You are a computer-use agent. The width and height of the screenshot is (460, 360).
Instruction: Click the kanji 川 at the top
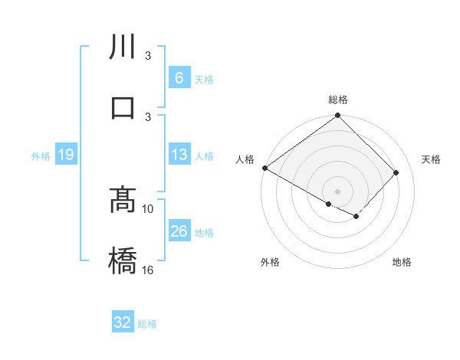tap(123, 47)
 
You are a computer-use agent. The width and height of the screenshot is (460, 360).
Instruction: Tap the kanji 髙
tap(123, 201)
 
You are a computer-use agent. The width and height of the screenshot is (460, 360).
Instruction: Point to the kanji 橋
tap(123, 260)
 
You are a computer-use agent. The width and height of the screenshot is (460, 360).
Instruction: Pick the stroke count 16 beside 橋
tap(148, 270)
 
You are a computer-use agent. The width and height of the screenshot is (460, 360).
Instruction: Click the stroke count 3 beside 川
tap(148, 56)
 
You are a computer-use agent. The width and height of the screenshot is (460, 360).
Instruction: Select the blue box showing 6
tap(179, 78)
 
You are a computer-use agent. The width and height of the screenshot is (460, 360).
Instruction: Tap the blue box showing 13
tap(179, 155)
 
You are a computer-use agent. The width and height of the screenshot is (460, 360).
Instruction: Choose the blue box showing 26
tap(179, 231)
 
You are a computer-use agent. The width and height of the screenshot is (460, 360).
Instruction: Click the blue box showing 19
tap(66, 155)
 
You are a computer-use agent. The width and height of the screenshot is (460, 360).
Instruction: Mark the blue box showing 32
tap(123, 322)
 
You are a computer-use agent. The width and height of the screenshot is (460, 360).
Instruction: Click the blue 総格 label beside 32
tap(147, 324)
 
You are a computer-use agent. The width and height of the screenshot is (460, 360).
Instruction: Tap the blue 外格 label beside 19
tap(41, 156)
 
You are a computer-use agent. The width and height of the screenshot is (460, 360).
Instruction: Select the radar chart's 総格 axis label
tap(338, 100)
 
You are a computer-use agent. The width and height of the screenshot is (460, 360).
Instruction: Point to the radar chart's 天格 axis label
tap(431, 159)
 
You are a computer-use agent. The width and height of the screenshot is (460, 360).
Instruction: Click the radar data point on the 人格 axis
tap(264, 168)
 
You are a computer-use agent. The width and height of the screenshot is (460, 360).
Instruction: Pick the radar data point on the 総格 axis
tap(338, 116)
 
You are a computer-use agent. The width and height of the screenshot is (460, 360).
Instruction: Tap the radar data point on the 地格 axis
tap(356, 218)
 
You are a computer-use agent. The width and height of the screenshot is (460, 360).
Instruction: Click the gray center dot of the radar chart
tap(338, 191)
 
